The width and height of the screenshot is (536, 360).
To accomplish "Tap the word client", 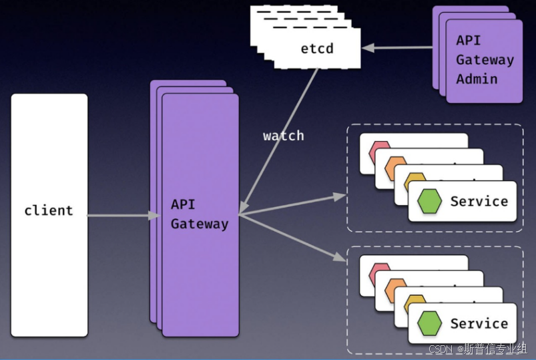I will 49,210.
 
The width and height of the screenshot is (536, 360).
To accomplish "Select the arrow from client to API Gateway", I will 120,216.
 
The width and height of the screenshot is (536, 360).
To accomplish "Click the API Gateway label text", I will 199,214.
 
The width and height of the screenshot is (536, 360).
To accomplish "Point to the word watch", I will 283,136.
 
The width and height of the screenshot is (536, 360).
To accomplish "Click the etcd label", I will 316,48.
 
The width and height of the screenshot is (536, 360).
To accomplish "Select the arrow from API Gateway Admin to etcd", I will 397,47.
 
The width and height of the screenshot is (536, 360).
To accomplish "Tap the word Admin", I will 477,79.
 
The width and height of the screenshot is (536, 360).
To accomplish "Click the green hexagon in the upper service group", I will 429,201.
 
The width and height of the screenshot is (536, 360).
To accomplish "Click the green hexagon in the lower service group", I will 429,324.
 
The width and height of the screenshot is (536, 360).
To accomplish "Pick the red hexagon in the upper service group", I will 377,151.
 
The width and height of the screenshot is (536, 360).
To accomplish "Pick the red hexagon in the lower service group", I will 377,273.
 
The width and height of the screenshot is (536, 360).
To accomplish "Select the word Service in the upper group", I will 479,201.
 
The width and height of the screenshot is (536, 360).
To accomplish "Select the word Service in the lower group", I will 479,324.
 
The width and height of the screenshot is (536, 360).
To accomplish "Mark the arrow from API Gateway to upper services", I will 294,205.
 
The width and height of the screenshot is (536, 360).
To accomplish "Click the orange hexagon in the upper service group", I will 395,168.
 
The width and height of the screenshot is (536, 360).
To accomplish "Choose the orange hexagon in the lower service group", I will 395,290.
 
